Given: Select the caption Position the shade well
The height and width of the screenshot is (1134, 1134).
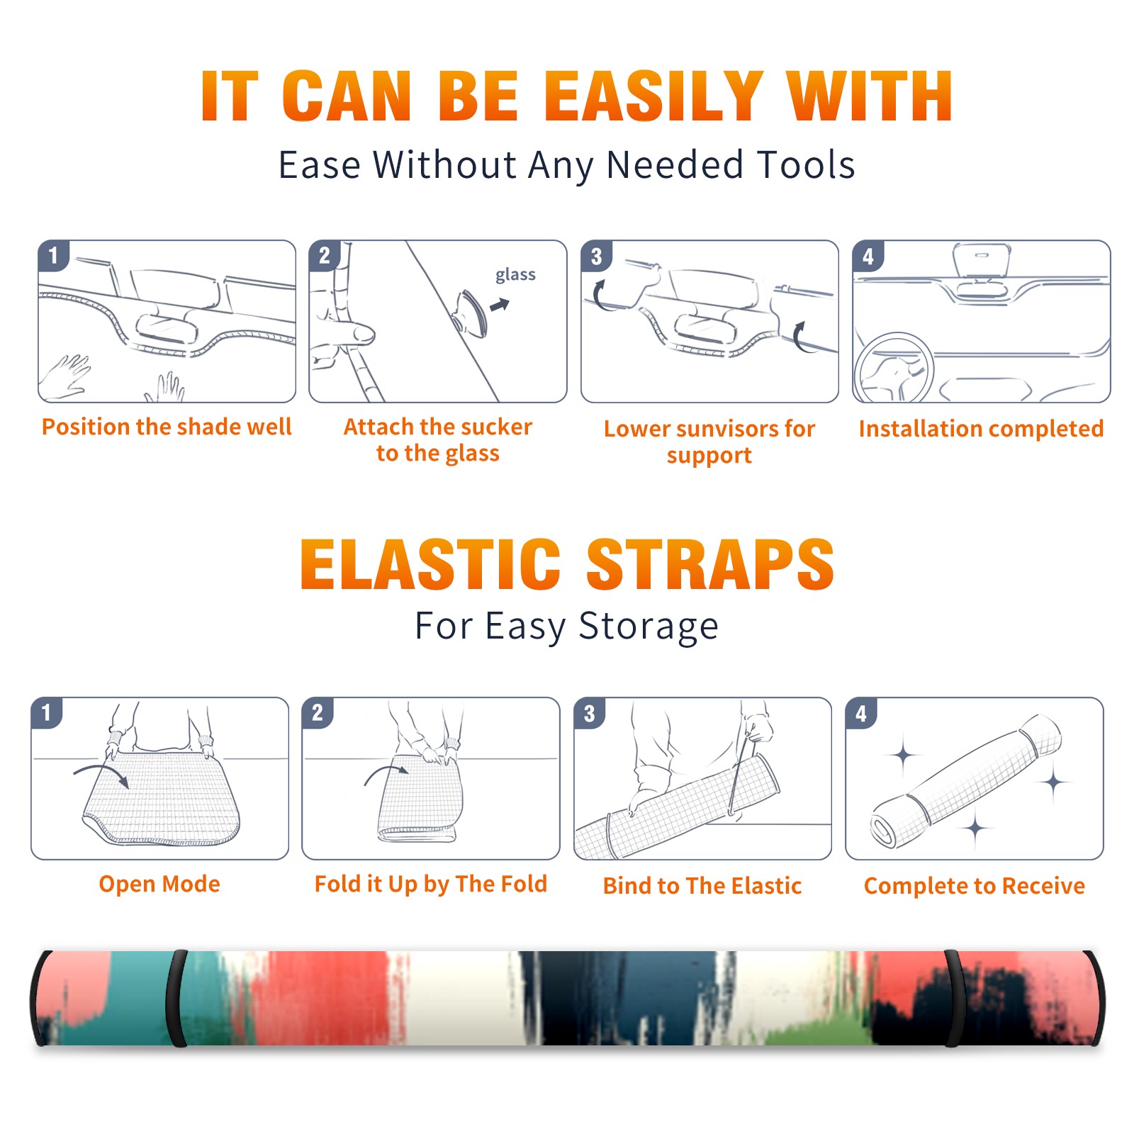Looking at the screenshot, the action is coord(167,427).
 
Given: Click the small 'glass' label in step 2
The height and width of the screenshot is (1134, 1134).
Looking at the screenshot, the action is coord(515,275).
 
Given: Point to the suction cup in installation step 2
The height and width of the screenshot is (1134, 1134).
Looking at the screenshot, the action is coord(470,313).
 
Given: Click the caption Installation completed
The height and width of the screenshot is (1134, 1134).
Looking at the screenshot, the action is coord(981,429).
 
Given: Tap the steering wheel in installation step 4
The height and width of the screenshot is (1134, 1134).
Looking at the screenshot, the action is coord(893,367).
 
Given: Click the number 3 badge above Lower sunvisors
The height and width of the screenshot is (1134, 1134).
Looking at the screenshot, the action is coord(596,256).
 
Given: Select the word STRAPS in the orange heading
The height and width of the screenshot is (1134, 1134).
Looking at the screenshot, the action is coord(710,564).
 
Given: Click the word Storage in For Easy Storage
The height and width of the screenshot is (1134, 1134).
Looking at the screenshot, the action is coord(649,627).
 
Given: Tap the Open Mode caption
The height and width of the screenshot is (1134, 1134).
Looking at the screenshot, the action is coord(159,884).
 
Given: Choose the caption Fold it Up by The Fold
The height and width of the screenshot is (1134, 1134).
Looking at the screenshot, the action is coord(431,885).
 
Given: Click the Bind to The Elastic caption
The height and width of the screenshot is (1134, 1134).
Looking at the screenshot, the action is coord(702,886).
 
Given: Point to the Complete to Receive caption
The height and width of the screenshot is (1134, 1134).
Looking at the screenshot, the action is coord(975,886).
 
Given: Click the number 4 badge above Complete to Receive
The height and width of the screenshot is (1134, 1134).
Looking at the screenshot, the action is coord(861,713).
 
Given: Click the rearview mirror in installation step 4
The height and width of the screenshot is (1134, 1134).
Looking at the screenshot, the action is coord(981,260).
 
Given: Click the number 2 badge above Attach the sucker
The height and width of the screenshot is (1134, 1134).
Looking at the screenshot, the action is coord(325,256).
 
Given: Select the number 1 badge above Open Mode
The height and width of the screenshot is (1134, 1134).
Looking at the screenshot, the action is coord(47,713).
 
